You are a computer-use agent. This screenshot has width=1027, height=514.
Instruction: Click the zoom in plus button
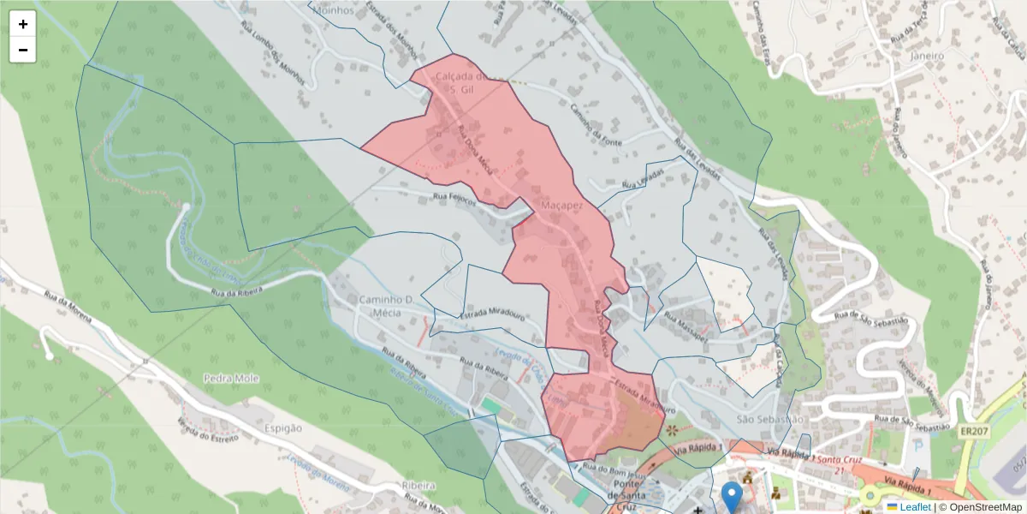[23, 24]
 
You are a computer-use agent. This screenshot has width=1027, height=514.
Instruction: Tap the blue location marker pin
[732, 496]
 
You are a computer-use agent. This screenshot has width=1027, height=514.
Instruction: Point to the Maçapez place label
[561, 206]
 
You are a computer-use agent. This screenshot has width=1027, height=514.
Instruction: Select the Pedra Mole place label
[231, 378]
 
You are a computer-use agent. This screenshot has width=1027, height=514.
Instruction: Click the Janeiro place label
[926, 56]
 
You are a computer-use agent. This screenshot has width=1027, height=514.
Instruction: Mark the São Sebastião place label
[770, 419]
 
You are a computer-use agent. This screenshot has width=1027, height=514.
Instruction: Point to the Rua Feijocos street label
[454, 197]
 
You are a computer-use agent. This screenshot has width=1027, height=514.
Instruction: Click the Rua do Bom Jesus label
[612, 468]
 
